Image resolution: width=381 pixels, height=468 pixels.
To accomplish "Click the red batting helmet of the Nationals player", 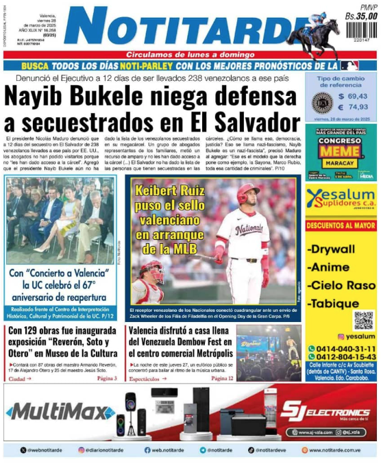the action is [248, 194].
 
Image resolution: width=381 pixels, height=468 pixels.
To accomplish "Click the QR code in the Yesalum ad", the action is [363, 320].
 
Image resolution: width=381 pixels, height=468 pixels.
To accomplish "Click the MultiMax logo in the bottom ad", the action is [60, 412].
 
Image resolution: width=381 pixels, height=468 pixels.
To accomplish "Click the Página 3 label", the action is [107, 378].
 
